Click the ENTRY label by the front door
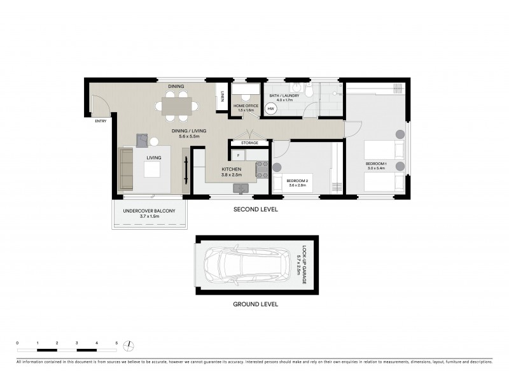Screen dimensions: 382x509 point(101,121)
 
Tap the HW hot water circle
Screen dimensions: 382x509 point(270,109)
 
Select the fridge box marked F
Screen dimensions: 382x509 point(237,155)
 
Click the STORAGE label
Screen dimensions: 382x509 point(249,143)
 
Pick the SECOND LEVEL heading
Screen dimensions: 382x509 point(254,209)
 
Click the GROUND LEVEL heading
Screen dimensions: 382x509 point(254,305)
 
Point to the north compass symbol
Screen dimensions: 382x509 point(130,346)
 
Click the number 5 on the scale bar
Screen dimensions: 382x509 point(116,343)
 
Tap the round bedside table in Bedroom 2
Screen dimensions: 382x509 point(277,167)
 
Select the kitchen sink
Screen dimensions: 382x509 point(241,187)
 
